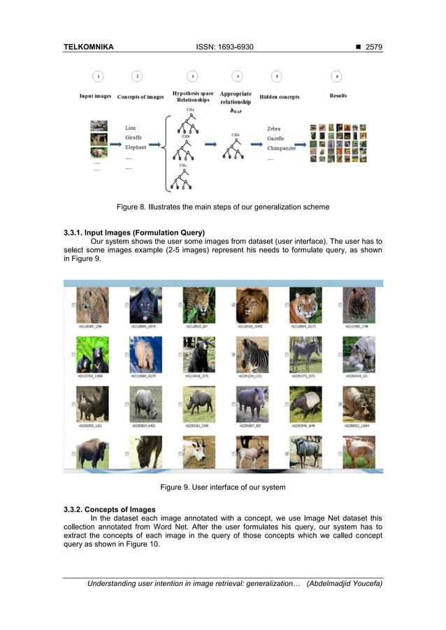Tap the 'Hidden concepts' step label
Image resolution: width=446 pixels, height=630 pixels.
tap(279, 96)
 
